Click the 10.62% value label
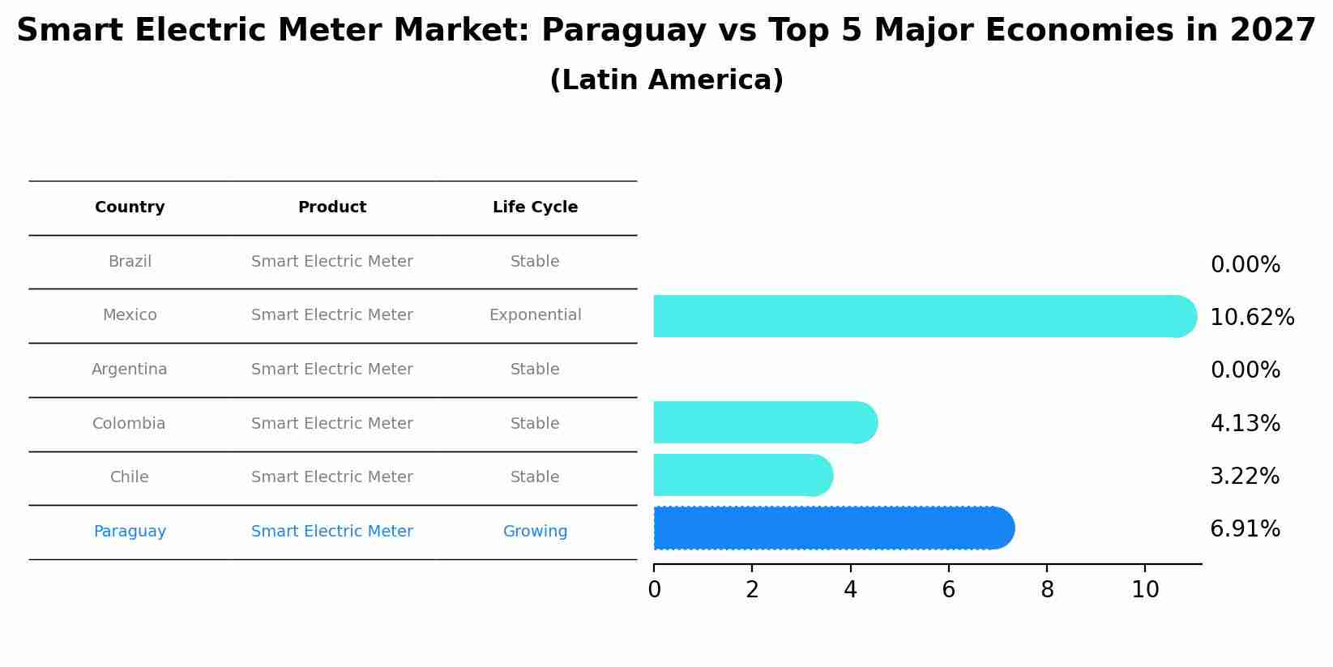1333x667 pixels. pos(1251,318)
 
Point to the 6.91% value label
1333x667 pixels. pos(1245,529)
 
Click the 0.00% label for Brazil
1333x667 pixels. pos(1245,265)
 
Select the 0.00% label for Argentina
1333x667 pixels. pos(1245,370)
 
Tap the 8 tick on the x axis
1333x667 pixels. pos(1047,590)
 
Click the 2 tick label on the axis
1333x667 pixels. pos(752,590)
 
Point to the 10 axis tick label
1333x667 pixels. pos(1145,590)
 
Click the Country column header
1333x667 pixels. pos(130,207)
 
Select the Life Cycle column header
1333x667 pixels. pos(535,207)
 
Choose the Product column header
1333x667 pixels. pos(332,207)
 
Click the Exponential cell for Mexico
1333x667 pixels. pos(535,315)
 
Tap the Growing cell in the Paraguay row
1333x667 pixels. pos(535,532)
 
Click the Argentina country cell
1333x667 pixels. pos(130,370)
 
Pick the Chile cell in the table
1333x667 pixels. pos(130,477)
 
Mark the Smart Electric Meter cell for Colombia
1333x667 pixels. pos(332,424)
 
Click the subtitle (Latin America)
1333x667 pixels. pos(666,80)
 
